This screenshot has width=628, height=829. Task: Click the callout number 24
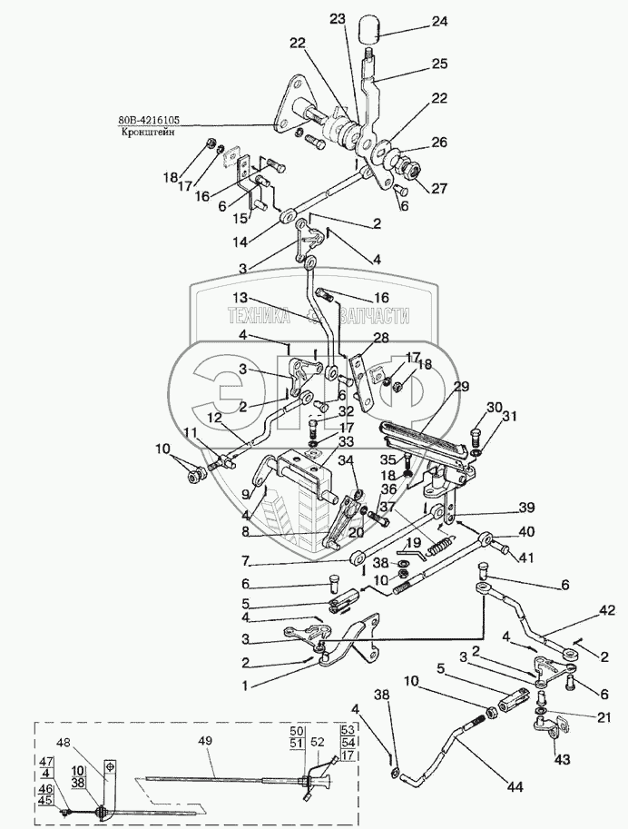pyautogui.click(x=439, y=21)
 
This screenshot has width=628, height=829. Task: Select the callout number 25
pyautogui.click(x=439, y=64)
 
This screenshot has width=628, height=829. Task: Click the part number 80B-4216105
pyautogui.click(x=149, y=120)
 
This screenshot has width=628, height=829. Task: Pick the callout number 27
pyautogui.click(x=439, y=188)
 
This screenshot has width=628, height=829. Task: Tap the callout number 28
pyautogui.click(x=381, y=338)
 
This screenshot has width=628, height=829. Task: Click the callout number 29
pyautogui.click(x=461, y=387)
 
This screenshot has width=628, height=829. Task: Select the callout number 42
pyautogui.click(x=607, y=611)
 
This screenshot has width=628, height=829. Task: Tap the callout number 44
pyautogui.click(x=515, y=787)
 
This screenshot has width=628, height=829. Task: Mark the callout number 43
pyautogui.click(x=563, y=760)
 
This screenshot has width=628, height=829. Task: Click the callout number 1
pyautogui.click(x=245, y=686)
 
